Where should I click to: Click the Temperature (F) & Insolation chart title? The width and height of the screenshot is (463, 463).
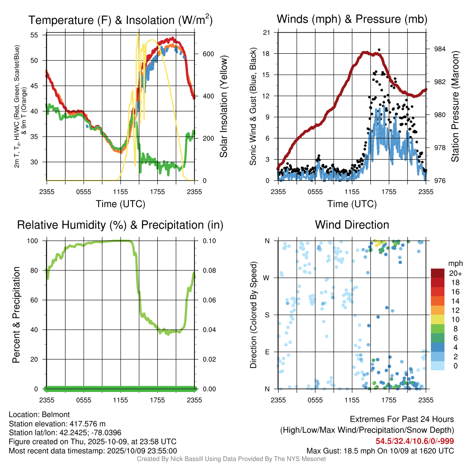point(120,20)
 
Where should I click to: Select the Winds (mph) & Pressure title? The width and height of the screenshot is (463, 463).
point(352,19)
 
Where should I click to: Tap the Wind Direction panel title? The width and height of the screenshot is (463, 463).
point(352,225)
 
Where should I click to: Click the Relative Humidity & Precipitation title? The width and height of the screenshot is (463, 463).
point(120,225)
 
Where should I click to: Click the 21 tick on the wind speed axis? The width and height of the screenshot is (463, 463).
point(267,33)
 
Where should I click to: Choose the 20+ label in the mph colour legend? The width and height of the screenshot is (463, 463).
point(454,273)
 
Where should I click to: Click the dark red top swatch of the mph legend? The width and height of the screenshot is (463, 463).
point(439,273)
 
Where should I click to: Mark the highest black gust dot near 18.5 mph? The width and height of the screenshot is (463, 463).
point(379,50)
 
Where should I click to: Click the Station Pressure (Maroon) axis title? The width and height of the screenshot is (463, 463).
point(455,106)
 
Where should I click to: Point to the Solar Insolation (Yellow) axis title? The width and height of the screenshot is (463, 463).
point(223,106)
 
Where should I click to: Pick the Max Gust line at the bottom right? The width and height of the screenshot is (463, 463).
point(380,450)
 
